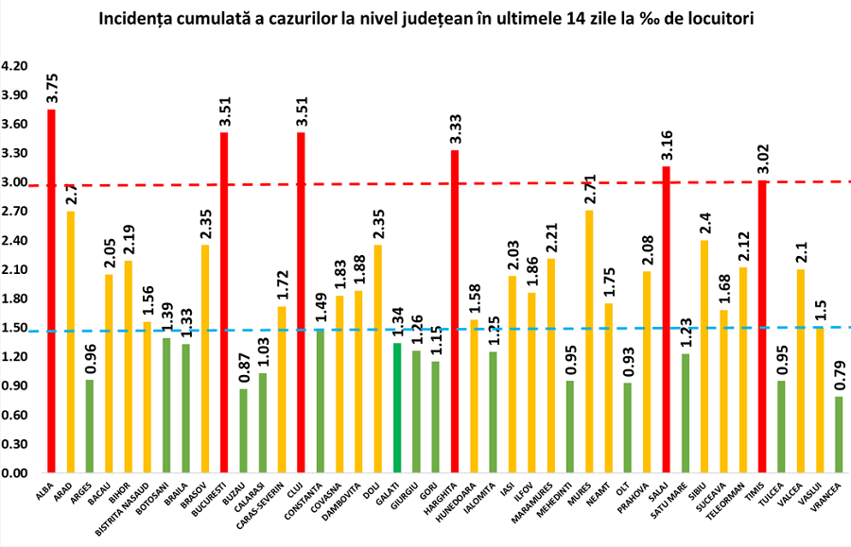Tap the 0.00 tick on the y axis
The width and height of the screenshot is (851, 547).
pyautogui.click(x=16, y=473)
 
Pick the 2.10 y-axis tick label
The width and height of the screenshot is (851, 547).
pyautogui.click(x=16, y=270)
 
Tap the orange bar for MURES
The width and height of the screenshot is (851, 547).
pyautogui.click(x=590, y=341)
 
